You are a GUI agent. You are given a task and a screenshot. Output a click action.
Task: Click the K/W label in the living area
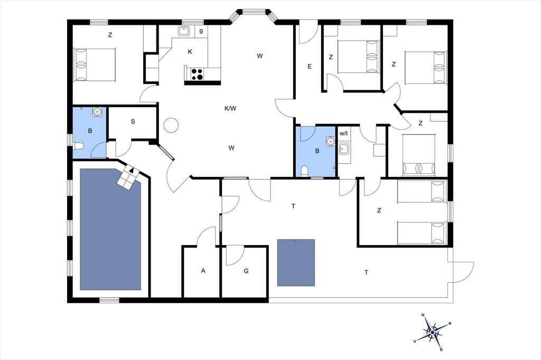[230, 109]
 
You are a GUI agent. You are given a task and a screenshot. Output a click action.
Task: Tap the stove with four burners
[197, 74]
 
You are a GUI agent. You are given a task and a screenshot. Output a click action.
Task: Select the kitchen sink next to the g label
[184, 31]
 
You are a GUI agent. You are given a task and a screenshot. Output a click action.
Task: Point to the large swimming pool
[110, 229]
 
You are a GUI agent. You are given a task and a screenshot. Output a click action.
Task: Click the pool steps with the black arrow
[130, 176]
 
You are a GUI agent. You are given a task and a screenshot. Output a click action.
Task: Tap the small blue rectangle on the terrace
[296, 262]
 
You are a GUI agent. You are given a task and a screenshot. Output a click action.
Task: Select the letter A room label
[203, 271]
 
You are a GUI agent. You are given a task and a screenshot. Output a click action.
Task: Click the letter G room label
[246, 271]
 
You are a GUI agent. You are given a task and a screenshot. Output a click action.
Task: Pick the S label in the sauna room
[133, 122]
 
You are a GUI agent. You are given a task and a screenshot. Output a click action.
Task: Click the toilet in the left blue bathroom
[78, 146]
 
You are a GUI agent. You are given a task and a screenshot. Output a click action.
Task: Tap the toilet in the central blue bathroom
[305, 172]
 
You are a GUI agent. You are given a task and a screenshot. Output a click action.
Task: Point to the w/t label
[343, 133]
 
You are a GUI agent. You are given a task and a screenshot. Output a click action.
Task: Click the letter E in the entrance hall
[310, 67]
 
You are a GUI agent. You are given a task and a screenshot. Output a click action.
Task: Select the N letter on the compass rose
[423, 315]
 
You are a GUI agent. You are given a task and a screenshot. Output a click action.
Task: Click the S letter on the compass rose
[441, 349]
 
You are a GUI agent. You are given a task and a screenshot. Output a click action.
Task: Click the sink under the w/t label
[343, 149]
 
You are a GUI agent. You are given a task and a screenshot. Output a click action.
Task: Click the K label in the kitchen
[190, 52]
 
